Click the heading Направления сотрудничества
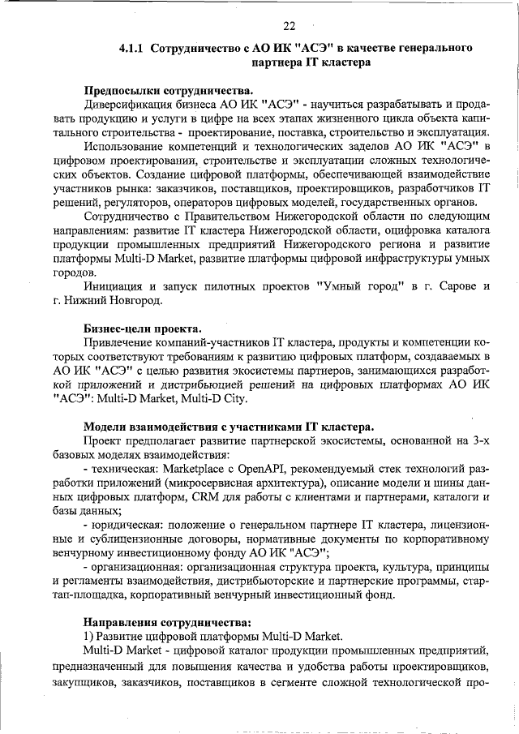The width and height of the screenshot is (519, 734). tap(165, 622)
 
